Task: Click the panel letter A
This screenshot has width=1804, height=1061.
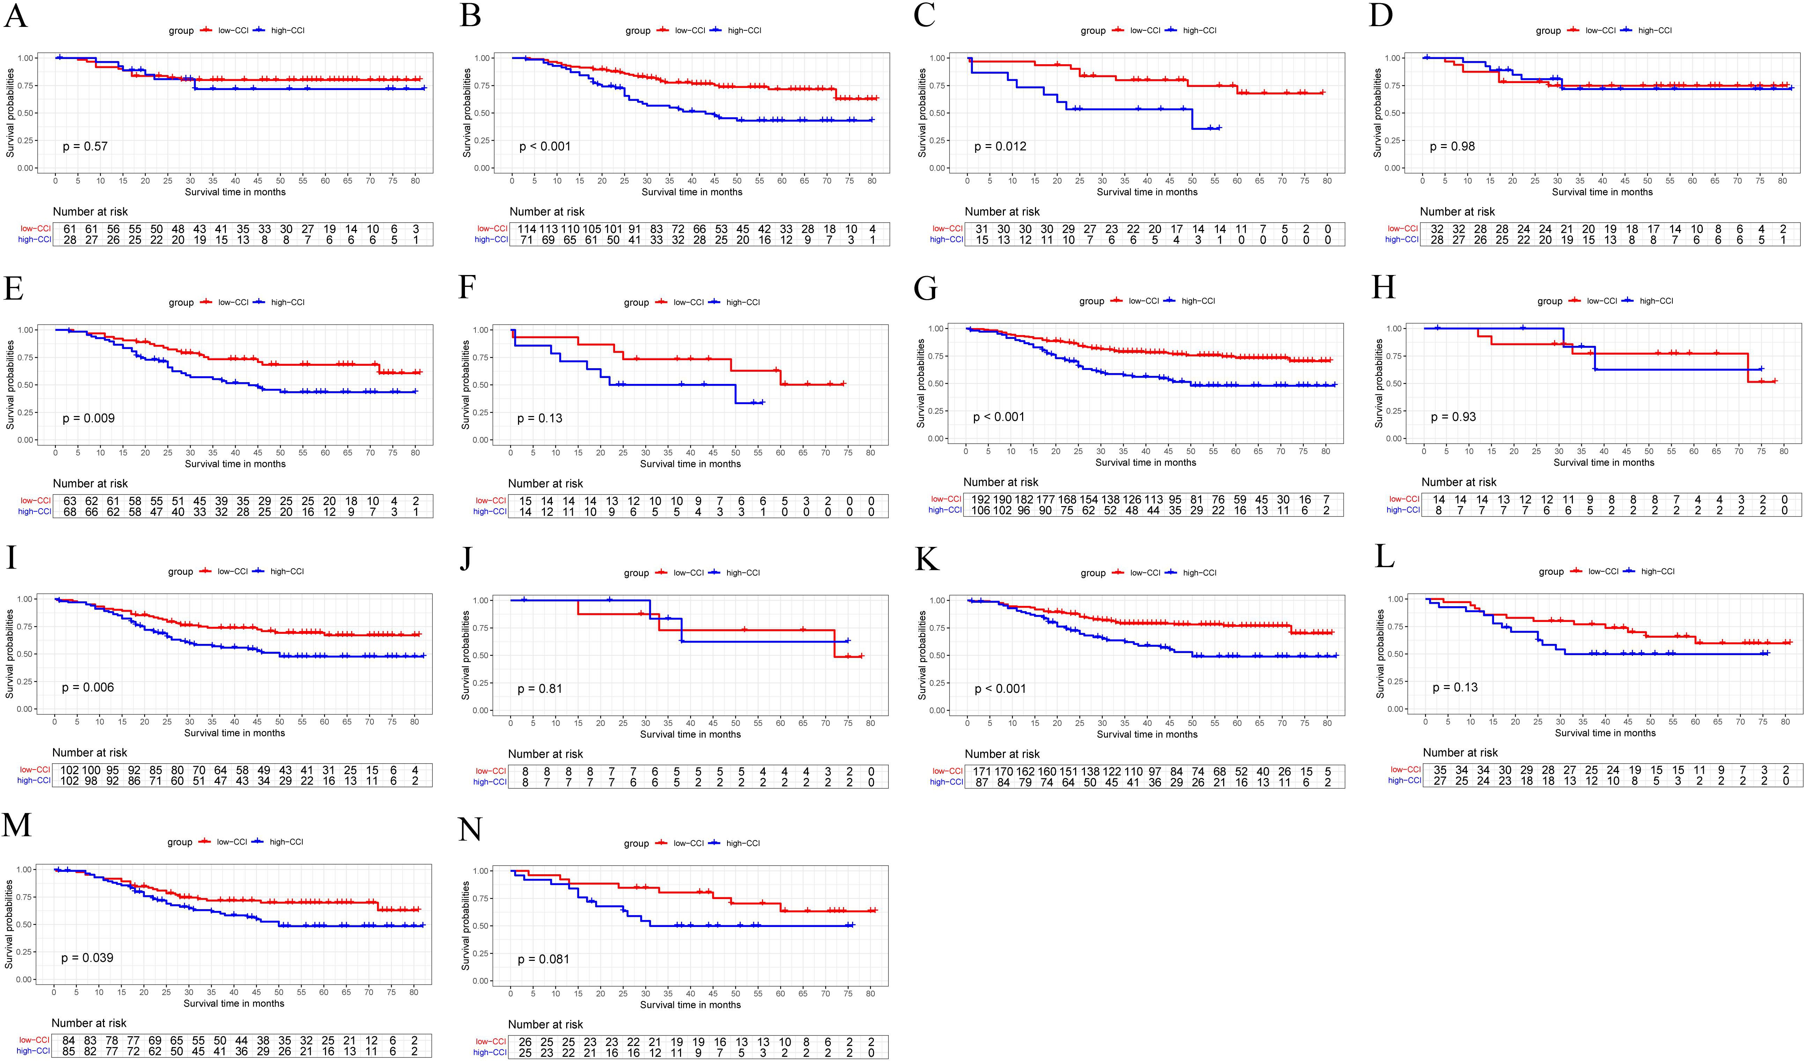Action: tap(16, 16)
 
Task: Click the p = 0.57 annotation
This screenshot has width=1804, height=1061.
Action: tap(85, 147)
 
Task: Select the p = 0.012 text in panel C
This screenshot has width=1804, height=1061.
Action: tap(1000, 147)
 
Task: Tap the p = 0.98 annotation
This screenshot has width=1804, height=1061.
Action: tap(1452, 147)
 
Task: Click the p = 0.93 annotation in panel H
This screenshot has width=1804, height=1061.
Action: tap(1453, 417)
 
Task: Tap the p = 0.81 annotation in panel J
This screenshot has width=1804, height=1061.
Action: tap(540, 689)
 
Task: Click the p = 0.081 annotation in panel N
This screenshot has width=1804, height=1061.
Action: tap(544, 959)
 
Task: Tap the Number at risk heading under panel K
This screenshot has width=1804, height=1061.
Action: tap(1002, 754)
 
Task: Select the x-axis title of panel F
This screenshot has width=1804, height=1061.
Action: tap(690, 464)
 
